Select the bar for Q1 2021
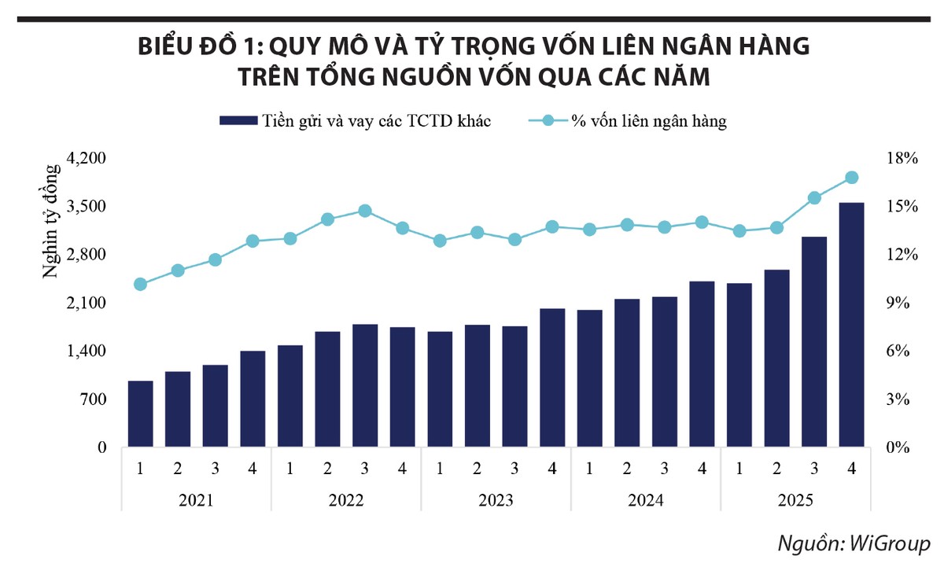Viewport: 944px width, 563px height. (x=140, y=414)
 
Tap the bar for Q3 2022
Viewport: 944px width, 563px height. (x=365, y=386)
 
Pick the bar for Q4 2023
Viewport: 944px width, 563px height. (x=552, y=378)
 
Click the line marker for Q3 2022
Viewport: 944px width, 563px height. (x=365, y=211)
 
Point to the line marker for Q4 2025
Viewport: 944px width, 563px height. (x=851, y=178)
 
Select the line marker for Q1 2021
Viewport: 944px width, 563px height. (x=140, y=284)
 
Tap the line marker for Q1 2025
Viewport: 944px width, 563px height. (x=739, y=231)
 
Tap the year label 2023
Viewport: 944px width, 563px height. (x=496, y=501)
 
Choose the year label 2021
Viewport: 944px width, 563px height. (x=196, y=501)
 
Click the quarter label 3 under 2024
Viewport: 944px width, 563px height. (x=664, y=469)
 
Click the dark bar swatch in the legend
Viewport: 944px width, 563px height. (x=238, y=121)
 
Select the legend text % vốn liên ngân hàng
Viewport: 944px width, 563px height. (x=648, y=121)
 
